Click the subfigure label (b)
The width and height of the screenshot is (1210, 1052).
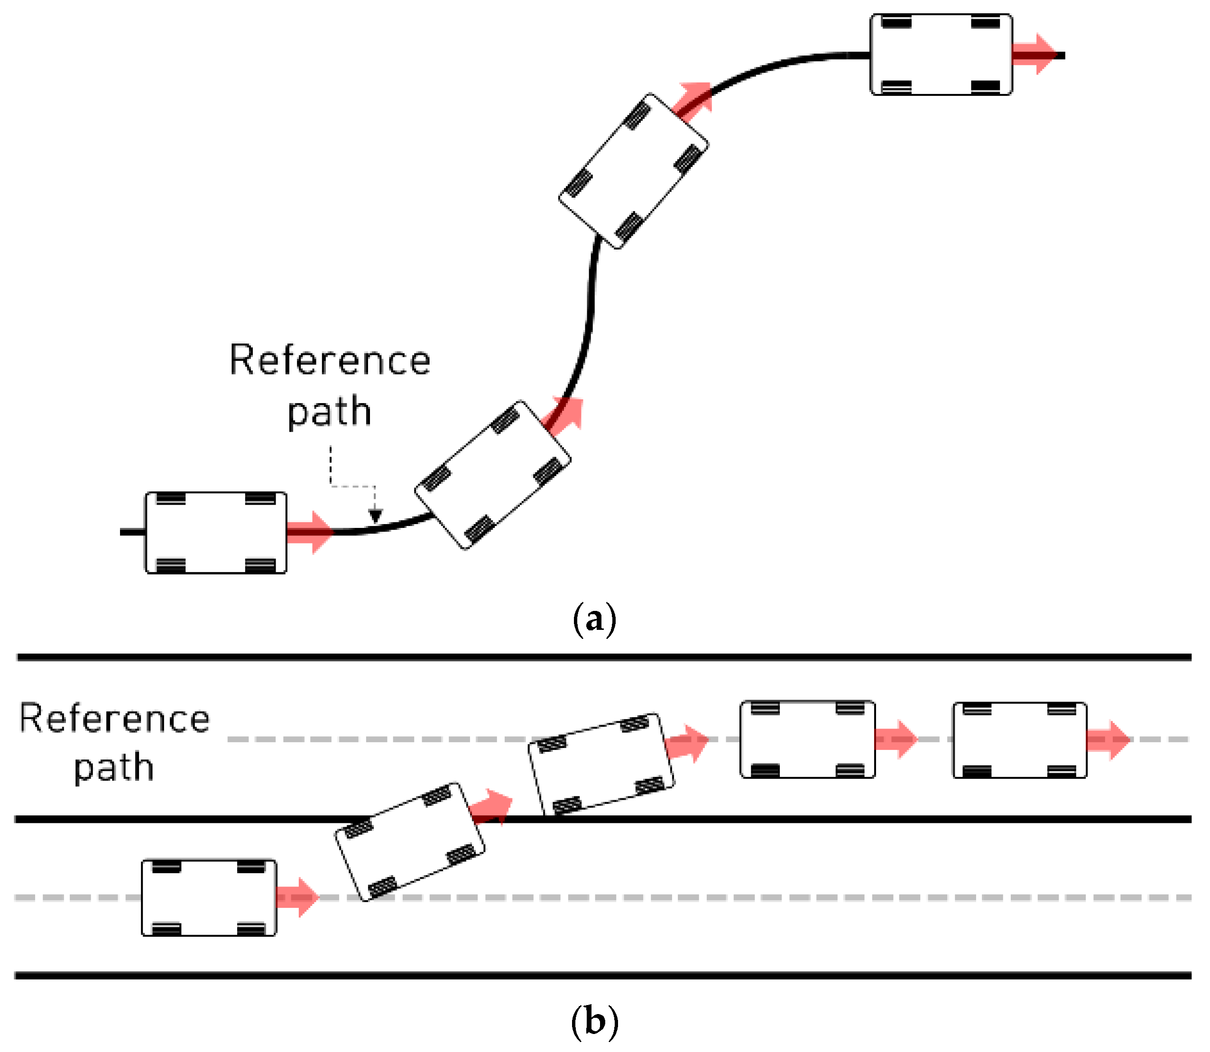594,1022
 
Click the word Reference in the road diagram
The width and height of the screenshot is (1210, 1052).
114,719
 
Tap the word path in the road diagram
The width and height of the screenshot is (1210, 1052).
114,767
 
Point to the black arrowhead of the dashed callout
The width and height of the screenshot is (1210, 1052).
375,516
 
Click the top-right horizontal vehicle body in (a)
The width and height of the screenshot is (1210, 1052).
941,55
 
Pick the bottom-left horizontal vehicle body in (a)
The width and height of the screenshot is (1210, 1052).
216,533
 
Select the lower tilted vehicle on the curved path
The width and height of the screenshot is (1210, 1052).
492,476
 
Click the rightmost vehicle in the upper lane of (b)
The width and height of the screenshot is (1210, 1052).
1019,740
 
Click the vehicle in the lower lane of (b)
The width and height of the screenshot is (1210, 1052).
209,897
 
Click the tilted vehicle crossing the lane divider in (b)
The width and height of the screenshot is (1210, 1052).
410,842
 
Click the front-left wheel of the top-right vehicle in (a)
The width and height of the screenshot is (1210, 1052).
986,23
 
